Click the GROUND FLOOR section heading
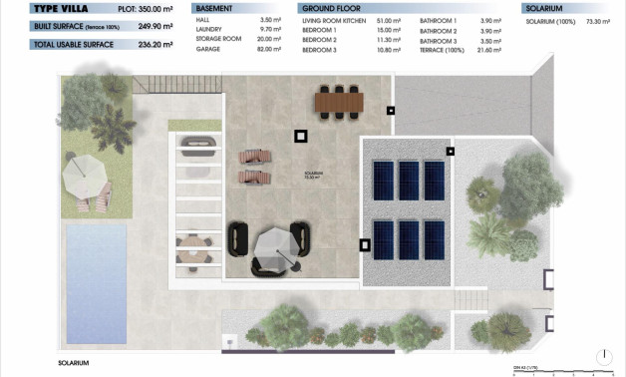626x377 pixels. point(332,8)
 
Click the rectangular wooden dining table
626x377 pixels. point(339,102)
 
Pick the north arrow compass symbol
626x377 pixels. point(605,357)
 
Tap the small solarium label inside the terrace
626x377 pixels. point(314,175)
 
